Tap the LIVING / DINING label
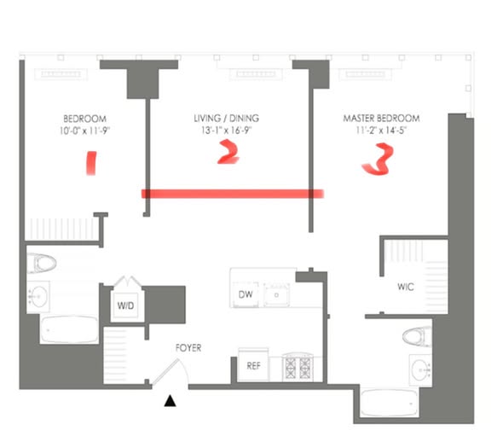pos(226,118)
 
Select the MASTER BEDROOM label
pos(381,118)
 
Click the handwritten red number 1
pos(90,162)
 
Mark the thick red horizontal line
pos(232,194)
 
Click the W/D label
pos(125,305)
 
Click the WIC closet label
pos(405,287)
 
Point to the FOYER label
pos(188,348)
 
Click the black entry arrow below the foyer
pos(171,400)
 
